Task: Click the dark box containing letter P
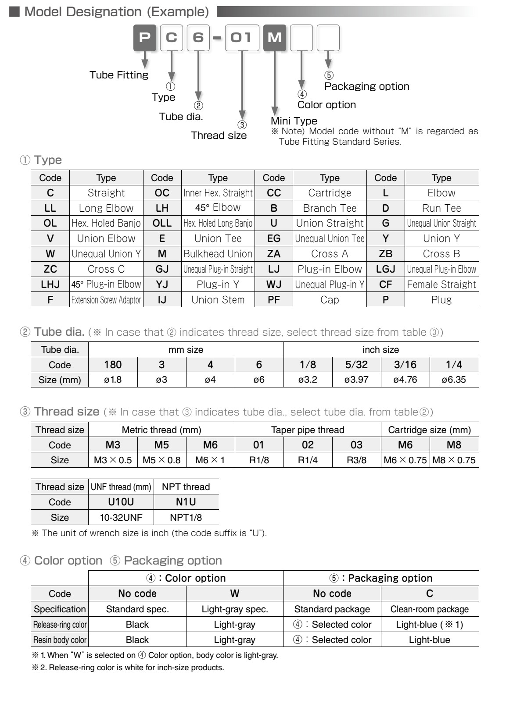(x=144, y=38)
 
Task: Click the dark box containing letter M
(x=275, y=38)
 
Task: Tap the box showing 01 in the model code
(x=242, y=38)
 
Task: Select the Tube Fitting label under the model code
(x=119, y=75)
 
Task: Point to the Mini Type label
(x=294, y=121)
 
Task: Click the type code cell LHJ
(x=50, y=284)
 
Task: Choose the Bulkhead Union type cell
(x=218, y=254)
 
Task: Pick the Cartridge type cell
(x=330, y=193)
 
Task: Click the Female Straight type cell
(x=441, y=284)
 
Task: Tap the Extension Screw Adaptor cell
(x=106, y=300)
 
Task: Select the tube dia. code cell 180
(x=113, y=365)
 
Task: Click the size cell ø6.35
(x=454, y=380)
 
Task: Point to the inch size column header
(x=380, y=350)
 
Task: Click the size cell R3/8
(x=356, y=460)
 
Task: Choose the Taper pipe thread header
(x=308, y=430)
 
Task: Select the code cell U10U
(x=121, y=502)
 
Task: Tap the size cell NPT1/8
(x=186, y=517)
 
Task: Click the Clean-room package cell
(x=429, y=609)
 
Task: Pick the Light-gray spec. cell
(x=234, y=609)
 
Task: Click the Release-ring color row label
(x=60, y=625)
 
